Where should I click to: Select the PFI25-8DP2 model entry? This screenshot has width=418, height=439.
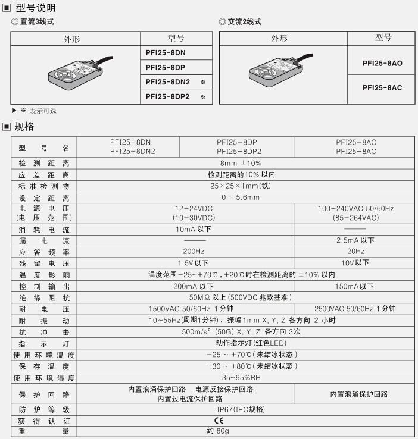[168, 96]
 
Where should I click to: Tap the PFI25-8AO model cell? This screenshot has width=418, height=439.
[382, 62]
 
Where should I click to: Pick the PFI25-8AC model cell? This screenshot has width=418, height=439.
[382, 87]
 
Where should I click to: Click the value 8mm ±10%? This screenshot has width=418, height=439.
[241, 163]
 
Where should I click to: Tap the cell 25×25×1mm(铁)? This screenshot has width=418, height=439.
[241, 186]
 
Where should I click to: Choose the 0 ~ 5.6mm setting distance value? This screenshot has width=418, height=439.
[241, 197]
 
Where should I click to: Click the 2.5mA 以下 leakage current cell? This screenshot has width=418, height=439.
[356, 240]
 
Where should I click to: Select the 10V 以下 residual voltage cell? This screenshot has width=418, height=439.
[356, 263]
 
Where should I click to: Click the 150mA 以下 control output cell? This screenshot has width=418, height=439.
[356, 286]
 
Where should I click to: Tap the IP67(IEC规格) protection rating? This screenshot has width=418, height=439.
[241, 409]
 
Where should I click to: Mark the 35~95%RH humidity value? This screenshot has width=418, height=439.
[241, 378]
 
